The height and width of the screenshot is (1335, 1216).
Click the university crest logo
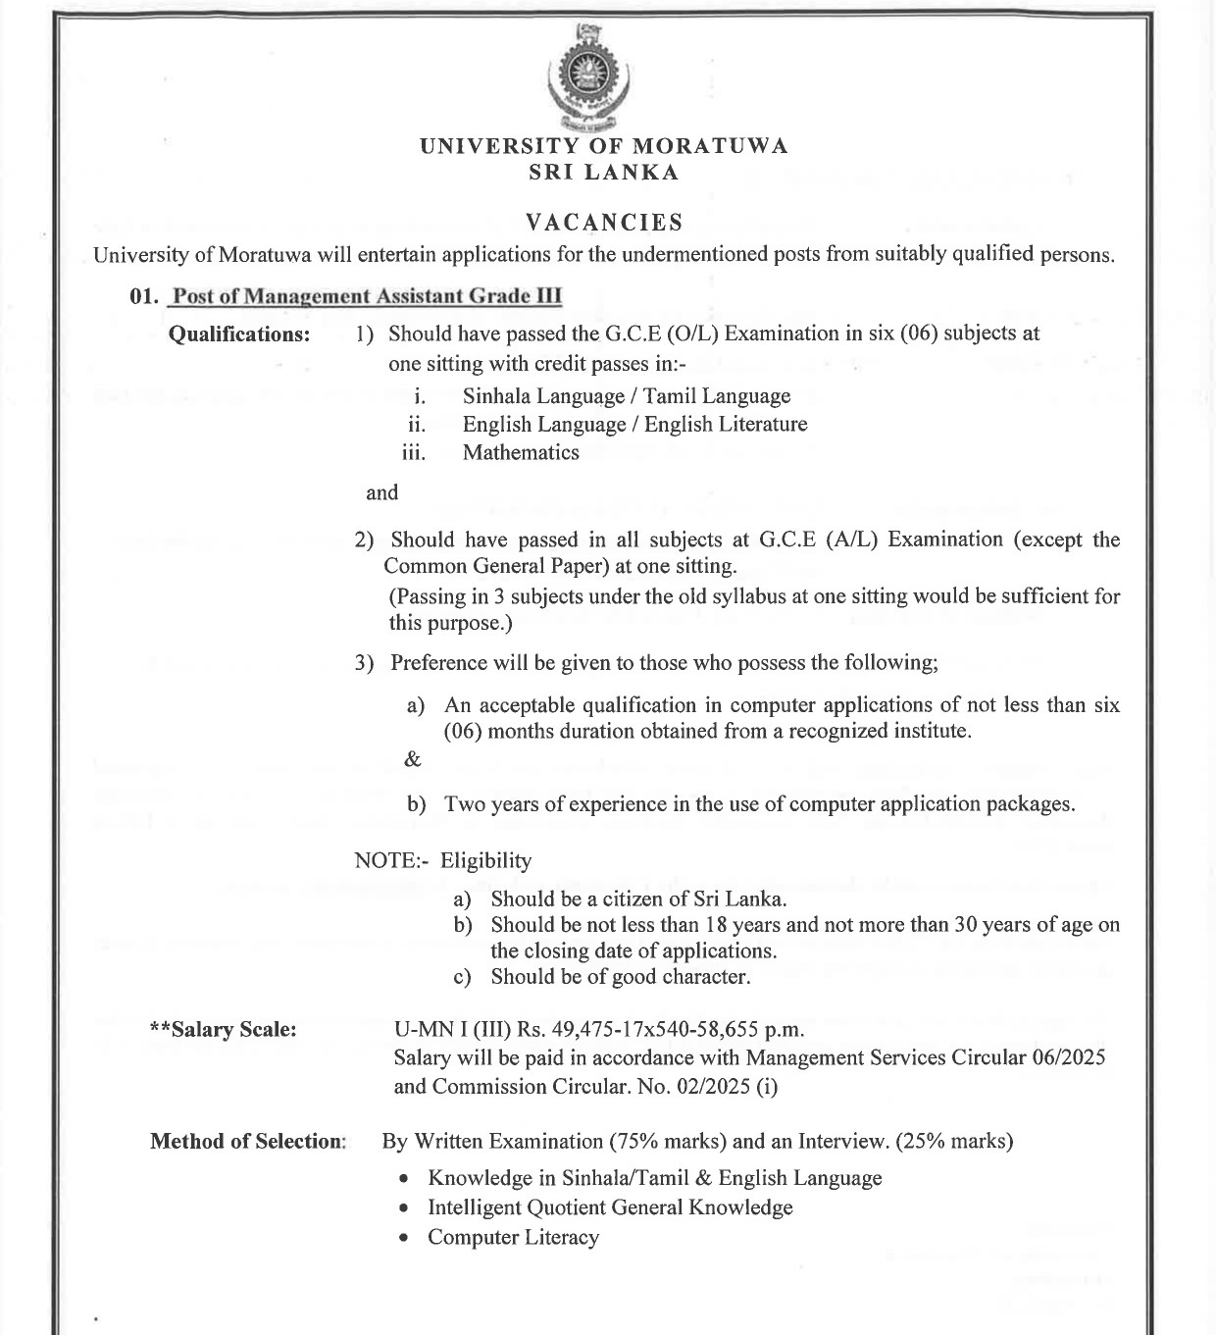[x=587, y=78]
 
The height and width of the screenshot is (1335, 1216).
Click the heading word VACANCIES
[x=604, y=222]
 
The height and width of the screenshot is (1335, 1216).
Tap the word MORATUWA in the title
[x=709, y=146]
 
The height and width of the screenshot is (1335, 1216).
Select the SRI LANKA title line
[x=604, y=173]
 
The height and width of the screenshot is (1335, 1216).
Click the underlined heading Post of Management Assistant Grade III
[x=366, y=296]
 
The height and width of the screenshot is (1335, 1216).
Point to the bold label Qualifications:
[x=239, y=334]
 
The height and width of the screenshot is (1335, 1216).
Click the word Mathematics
[x=521, y=452]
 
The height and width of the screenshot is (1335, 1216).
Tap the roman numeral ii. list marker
[x=417, y=425]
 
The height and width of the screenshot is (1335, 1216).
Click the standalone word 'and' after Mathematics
[x=382, y=492]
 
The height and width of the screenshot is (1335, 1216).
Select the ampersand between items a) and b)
[x=413, y=758]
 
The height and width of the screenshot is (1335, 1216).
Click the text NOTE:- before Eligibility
[x=391, y=860]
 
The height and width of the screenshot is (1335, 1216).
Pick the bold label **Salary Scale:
[x=223, y=1030]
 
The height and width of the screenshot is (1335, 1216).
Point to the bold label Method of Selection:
[x=248, y=1141]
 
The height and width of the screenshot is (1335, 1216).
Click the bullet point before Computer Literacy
[x=404, y=1238]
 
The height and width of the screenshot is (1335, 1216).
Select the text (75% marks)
[x=668, y=1141]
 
